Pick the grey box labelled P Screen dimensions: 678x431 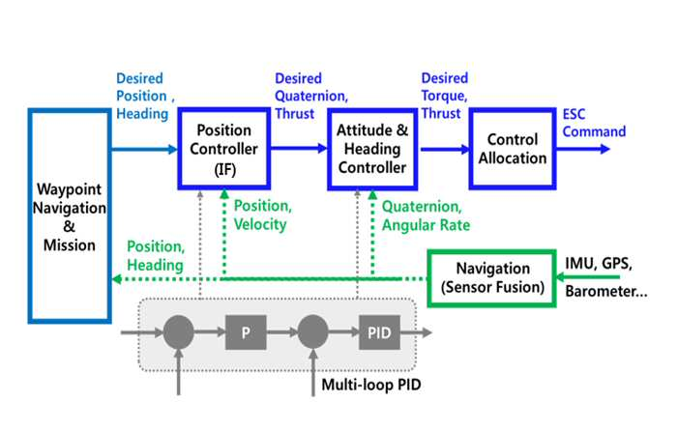pos(246,332)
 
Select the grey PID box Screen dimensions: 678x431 pos(379,332)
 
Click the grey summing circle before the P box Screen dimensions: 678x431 pos(178,332)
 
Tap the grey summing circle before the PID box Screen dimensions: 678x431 pos(312,332)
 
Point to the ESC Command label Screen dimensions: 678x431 pos(594,123)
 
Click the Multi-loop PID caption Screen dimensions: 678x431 pos(371,385)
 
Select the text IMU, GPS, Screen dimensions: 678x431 pos(599,263)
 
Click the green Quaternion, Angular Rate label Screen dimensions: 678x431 pos(426,215)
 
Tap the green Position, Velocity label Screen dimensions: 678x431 pos(263,215)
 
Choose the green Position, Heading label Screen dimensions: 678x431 pos(156,256)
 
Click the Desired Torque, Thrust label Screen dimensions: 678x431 pos(445,96)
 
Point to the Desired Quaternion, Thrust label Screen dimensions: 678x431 pos(311,96)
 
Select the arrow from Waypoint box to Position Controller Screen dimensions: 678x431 pos(144,150)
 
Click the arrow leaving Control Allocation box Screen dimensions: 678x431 pos(583,149)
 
